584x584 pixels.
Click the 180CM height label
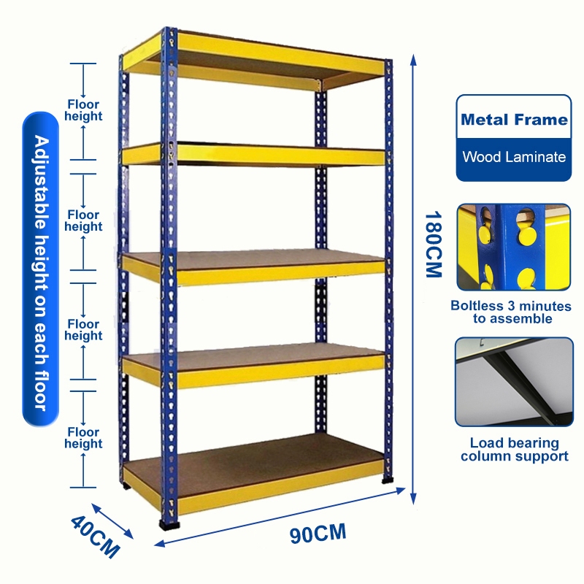(x=433, y=244)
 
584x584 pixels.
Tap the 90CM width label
(x=317, y=534)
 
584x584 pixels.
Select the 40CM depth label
(x=95, y=537)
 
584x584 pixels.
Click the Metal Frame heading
(x=514, y=120)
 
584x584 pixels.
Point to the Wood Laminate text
(x=514, y=156)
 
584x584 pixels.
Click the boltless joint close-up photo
(x=513, y=247)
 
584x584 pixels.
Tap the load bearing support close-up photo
(x=513, y=381)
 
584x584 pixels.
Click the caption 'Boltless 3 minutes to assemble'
(x=513, y=312)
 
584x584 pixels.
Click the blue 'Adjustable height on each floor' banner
(x=40, y=270)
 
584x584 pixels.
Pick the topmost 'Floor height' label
(x=84, y=110)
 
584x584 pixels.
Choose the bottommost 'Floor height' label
(x=84, y=438)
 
